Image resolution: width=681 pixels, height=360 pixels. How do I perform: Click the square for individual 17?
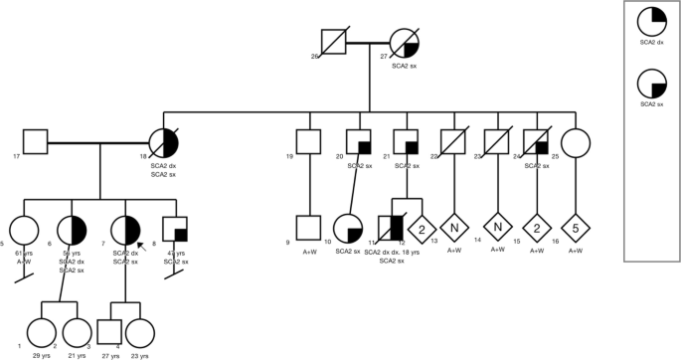tap(36, 142)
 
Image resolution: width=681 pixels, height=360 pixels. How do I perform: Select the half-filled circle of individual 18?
tap(162, 142)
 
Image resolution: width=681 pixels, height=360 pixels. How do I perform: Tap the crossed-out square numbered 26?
tap(335, 46)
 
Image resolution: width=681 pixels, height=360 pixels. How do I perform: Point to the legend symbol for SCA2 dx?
tap(653, 22)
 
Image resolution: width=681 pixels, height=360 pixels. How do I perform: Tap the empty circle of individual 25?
tap(573, 142)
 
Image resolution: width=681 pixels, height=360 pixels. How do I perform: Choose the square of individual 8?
tap(176, 230)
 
